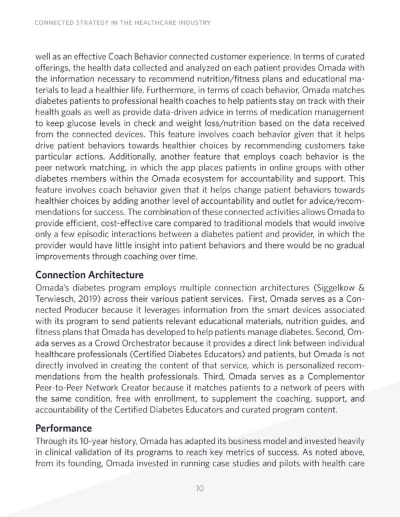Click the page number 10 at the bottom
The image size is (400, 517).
[199, 488]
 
